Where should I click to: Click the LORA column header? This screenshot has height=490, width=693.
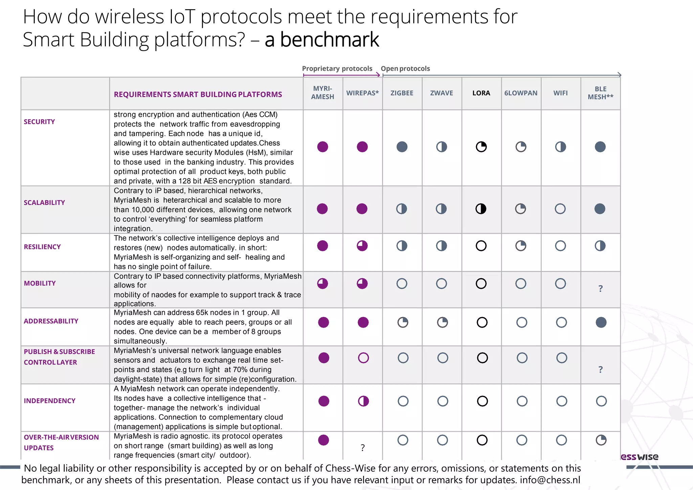click(481, 93)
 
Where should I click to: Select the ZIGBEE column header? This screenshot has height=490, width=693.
click(402, 93)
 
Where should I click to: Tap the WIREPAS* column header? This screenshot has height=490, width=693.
click(362, 93)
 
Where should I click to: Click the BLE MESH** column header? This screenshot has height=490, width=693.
click(600, 93)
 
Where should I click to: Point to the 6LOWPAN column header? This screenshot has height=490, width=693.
click(521, 93)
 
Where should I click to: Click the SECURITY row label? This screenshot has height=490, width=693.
click(39, 122)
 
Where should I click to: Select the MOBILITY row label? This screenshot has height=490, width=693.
click(40, 283)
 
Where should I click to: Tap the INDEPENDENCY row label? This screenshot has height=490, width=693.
click(49, 401)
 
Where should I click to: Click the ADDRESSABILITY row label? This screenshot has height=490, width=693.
click(51, 321)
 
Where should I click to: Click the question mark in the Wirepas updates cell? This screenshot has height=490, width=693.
click(363, 448)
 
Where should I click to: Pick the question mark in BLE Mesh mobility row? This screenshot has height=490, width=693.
click(600, 289)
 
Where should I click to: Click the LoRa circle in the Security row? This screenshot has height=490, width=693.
click(481, 147)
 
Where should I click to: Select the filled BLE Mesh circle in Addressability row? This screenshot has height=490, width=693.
click(601, 322)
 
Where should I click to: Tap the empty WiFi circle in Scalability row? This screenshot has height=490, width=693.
click(560, 209)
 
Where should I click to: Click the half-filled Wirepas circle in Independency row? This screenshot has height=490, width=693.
click(363, 401)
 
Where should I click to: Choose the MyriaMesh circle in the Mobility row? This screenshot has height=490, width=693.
click(322, 284)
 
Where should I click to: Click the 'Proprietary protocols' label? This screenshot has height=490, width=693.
click(337, 69)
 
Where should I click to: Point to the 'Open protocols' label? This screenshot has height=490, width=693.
click(405, 69)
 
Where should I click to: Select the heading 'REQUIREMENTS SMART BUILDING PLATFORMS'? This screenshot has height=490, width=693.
click(198, 94)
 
